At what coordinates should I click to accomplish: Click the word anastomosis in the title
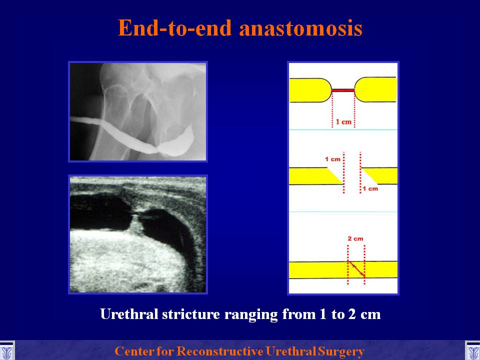coord(301,28)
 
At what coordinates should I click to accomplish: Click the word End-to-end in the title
coord(175,28)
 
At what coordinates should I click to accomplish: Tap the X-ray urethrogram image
coord(138,111)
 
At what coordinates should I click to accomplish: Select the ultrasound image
coord(138,234)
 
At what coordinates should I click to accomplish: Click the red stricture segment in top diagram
coord(343,90)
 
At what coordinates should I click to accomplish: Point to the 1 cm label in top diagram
coord(343,122)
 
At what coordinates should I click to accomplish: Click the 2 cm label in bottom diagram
coord(355,239)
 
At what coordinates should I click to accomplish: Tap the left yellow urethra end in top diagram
coord(310,90)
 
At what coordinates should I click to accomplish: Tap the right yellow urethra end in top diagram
coord(375,89)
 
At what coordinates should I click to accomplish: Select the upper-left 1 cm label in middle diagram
coord(332,159)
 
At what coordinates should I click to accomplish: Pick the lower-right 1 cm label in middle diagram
coord(370,188)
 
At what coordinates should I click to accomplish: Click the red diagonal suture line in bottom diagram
coord(356,269)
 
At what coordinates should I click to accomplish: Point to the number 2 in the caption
coord(352,314)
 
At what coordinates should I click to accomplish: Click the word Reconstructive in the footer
coord(220,351)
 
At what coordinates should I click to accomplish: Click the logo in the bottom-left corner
coord(6,351)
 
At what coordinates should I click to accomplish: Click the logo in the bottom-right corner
coord(472,351)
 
